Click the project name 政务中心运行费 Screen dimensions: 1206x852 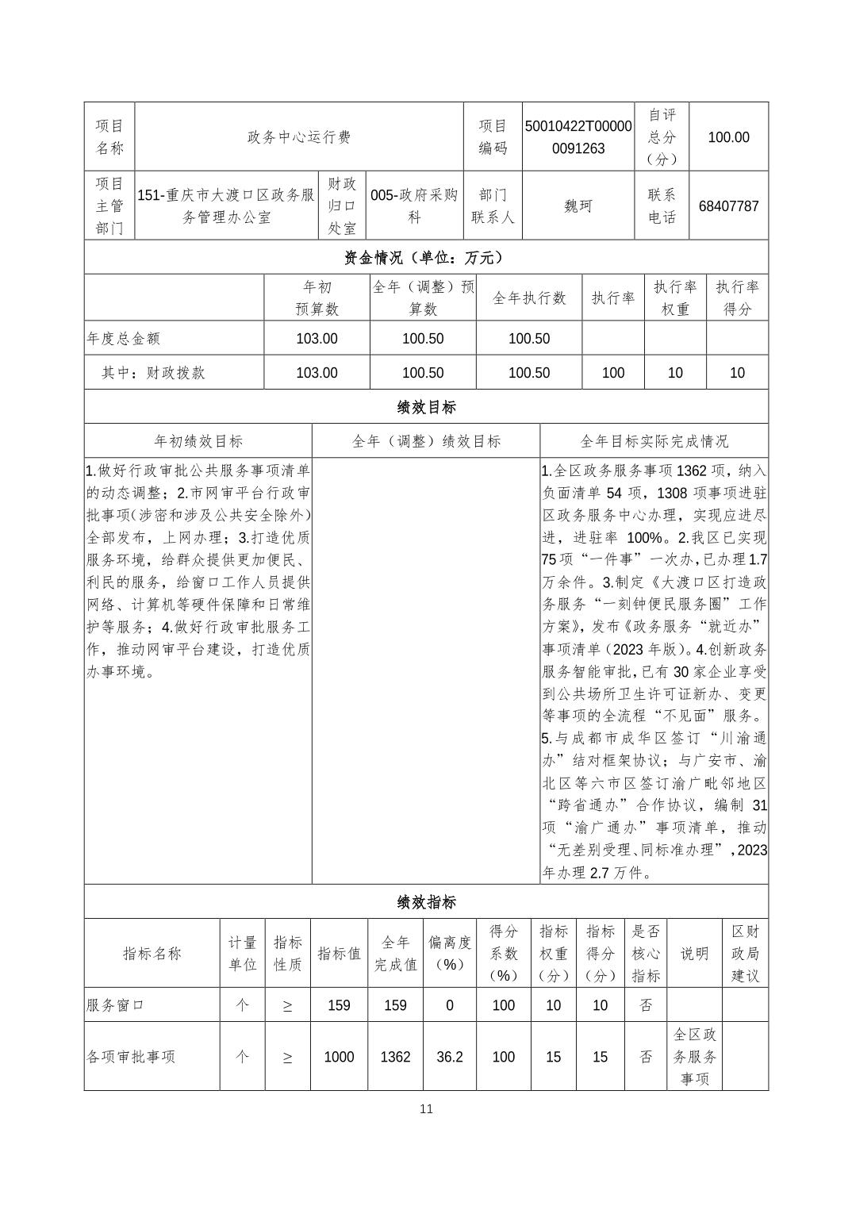point(299,137)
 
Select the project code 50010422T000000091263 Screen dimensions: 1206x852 point(578,137)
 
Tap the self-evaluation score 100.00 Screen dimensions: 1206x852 point(728,137)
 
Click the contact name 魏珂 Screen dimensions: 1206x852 point(578,206)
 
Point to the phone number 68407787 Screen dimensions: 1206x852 point(728,206)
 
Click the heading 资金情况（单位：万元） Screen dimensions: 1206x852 point(426,257)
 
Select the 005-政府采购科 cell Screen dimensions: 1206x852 point(414,206)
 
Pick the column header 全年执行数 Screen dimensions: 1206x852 point(529,298)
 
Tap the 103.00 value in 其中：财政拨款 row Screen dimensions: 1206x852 point(317,373)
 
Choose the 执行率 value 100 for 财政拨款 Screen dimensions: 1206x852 point(613,373)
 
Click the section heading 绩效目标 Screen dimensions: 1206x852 point(426,407)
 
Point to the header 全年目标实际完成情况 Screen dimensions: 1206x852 point(654,441)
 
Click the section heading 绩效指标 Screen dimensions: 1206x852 point(426,902)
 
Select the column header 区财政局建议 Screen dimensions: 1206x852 point(745,954)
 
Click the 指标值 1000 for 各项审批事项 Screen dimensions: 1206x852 point(339,1057)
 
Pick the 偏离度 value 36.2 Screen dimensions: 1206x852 point(449,1057)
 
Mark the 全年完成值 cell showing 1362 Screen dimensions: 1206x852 point(395,1057)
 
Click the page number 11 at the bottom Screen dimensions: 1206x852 point(426,1108)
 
